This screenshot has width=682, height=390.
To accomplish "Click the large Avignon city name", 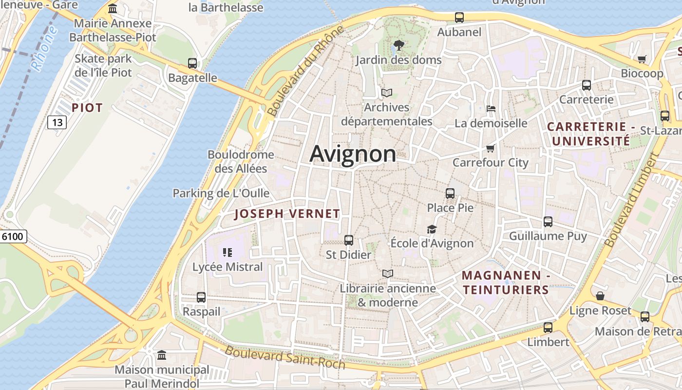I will pos(353,154).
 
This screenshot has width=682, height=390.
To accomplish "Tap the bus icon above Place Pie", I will pos(450,193).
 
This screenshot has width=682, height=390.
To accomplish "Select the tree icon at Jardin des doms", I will pos(398,45).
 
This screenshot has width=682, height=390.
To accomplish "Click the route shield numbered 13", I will pos(57,122).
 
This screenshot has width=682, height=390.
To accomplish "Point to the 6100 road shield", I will pos(13,237).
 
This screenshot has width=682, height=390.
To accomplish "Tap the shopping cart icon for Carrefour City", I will pos(490,148).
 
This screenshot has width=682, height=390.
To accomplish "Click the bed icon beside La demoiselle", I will pos(491,108).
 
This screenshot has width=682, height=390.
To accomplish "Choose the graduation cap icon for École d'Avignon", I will pos(432,229).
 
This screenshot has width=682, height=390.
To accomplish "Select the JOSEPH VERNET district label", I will pos(287,214).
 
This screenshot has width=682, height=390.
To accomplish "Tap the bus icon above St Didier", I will pos(349,240).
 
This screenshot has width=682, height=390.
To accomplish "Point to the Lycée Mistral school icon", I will pos(227,252).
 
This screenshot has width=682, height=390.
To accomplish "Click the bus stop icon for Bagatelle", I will pos(192,63).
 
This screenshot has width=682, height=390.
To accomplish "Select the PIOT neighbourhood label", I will pos(87,108).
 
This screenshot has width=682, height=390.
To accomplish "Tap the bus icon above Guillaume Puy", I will pos(548,222).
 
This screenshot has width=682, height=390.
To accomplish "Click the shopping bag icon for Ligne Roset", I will pos(600,296).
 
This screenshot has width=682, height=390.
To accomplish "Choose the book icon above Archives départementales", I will pos(387,93).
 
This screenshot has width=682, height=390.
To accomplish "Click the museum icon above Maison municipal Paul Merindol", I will pos(162,355).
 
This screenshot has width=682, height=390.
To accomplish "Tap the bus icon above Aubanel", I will pos(459,18).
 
